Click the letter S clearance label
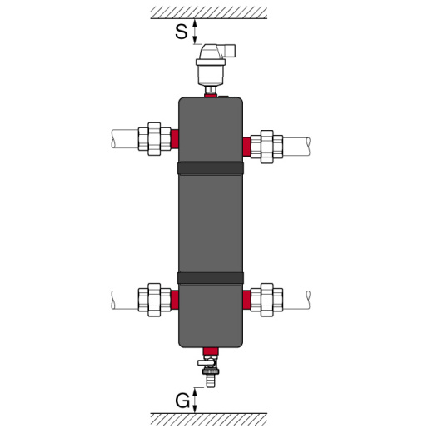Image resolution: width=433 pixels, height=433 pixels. click(181, 32)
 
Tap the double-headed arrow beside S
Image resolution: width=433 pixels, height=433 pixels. click(195, 32)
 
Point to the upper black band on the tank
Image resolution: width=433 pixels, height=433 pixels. click(210, 168)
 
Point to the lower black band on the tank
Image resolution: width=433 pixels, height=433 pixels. click(210, 277)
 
